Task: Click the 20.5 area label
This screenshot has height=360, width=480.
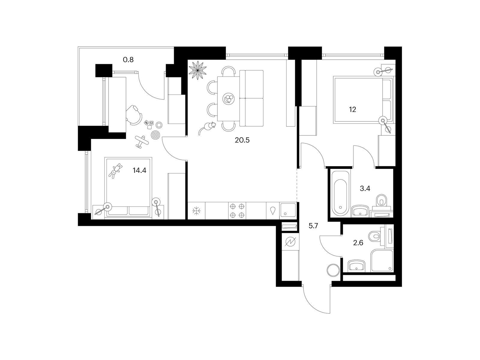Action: [x=242, y=140]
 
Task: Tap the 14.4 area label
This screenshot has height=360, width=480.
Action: [x=139, y=170]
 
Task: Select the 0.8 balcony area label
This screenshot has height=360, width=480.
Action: [x=128, y=59]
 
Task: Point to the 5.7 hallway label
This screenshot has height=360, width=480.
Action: [x=313, y=226]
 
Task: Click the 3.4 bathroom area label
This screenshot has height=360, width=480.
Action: [x=365, y=188]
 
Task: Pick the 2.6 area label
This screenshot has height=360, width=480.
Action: [x=358, y=243]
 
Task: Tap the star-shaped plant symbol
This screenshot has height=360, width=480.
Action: [x=197, y=70]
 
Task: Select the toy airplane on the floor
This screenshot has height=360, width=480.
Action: [x=142, y=142]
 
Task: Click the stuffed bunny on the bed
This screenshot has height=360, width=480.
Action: [x=115, y=171]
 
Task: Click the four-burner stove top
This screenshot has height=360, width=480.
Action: [x=237, y=211]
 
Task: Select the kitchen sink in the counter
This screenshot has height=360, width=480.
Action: [x=288, y=211]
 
